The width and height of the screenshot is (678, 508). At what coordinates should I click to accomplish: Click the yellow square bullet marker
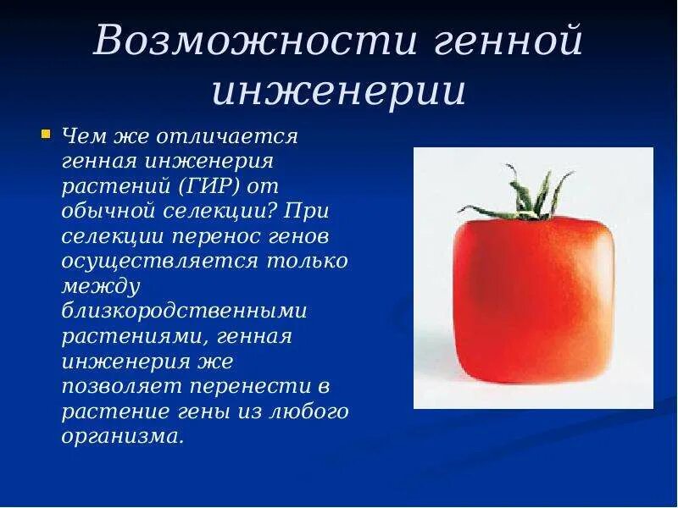pos(46,134)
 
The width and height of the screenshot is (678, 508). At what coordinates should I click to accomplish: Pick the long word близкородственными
pos(184,312)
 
